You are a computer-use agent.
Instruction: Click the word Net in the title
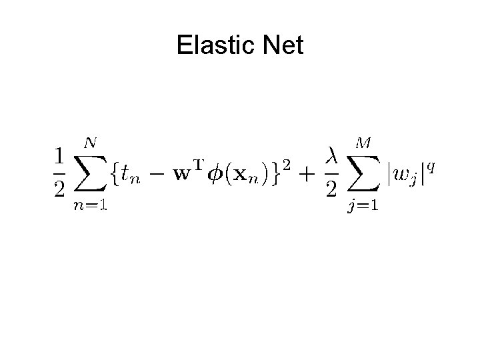(283, 46)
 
